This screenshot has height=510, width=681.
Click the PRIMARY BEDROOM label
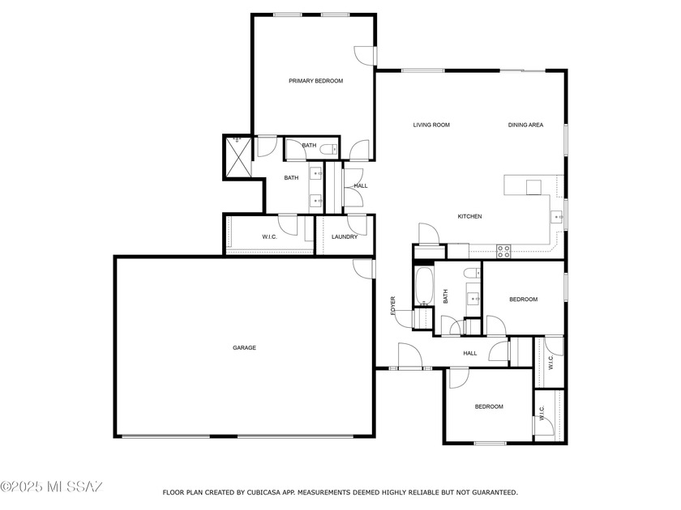(316, 81)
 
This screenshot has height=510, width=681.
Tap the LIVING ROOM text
(431, 125)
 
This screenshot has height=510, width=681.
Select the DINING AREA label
(525, 125)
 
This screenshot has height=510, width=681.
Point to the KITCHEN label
(470, 216)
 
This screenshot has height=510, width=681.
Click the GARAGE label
(244, 347)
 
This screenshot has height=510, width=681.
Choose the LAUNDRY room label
(345, 236)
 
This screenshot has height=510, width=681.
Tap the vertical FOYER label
(393, 305)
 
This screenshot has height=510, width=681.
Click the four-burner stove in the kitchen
(503, 251)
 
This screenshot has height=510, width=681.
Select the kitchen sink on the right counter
(558, 217)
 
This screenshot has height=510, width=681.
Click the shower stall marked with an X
(238, 156)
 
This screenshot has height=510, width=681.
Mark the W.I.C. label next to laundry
(269, 236)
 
